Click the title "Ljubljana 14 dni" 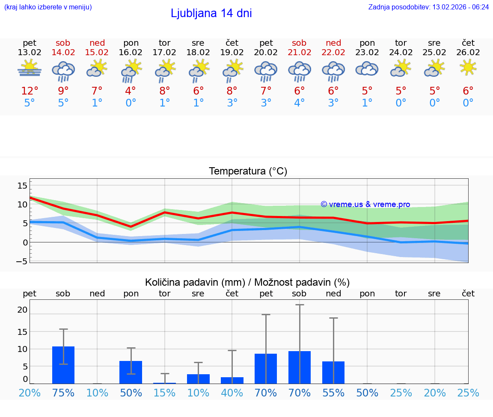click(211, 13)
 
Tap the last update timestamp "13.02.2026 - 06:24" click(460, 7)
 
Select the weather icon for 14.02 click(63, 71)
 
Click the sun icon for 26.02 click(468, 67)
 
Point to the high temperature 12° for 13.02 click(30, 91)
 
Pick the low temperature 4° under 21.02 click(299, 103)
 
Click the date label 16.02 click(131, 52)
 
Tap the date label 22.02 click(333, 52)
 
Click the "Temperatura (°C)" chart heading click(248, 172)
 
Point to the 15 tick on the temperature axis click(22, 186)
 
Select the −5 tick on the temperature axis click(21, 261)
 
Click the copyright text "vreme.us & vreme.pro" click(365, 204)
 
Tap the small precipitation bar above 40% click(232, 380)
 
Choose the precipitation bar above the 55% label click(333, 373)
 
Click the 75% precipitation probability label click(63, 393)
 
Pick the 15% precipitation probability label click(164, 393)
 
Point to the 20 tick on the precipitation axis click(22, 310)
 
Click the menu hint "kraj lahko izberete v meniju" click(48, 7)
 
